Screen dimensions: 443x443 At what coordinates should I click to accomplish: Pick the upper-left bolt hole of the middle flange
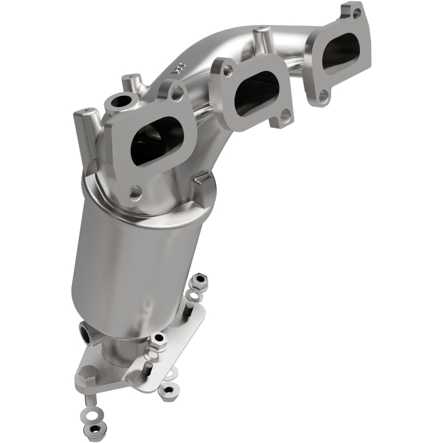coord(228,71)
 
